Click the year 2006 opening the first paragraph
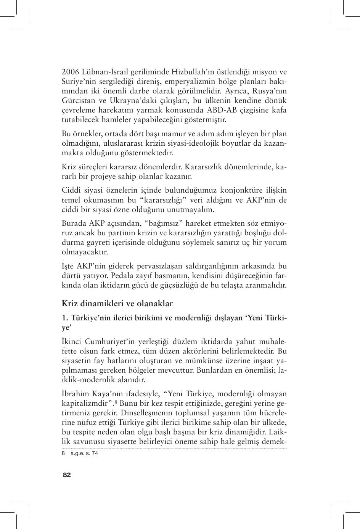pyautogui.click(x=70, y=72)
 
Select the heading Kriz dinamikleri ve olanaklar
pyautogui.click(x=117, y=304)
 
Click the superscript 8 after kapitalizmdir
pyautogui.click(x=116, y=402)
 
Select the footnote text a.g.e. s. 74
pyautogui.click(x=84, y=453)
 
